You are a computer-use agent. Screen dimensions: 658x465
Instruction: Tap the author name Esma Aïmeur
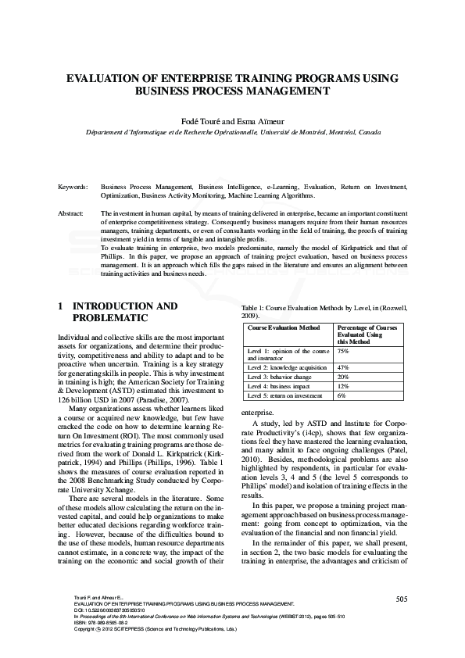click(258, 121)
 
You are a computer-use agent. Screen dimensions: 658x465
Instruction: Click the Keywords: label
click(74, 188)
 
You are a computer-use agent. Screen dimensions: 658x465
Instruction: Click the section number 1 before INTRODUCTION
click(61, 306)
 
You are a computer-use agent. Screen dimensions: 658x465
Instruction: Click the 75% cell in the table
click(342, 352)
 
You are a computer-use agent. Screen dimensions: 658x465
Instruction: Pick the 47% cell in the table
click(342, 367)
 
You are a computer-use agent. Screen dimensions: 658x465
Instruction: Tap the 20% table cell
click(342, 376)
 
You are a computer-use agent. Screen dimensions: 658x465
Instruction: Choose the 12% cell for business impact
click(342, 386)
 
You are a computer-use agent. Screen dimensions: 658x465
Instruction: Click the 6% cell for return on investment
click(342, 396)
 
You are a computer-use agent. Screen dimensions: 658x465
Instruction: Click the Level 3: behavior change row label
click(280, 376)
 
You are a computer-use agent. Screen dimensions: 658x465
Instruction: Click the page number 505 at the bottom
click(402, 621)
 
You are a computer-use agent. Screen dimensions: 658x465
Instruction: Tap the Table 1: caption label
click(257, 309)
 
